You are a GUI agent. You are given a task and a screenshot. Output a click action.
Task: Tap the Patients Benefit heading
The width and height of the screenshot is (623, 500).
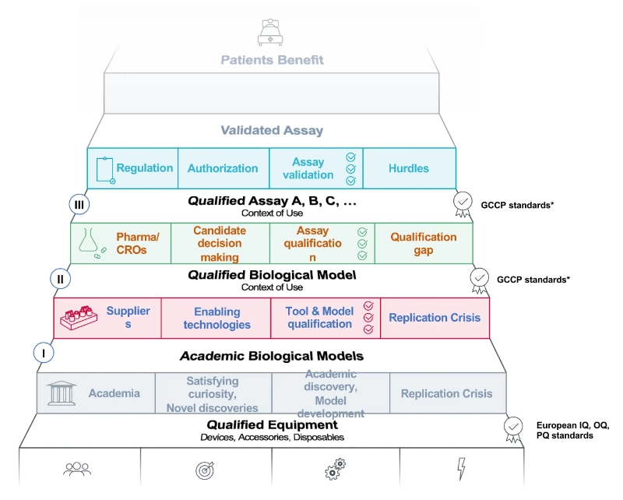pos(272,60)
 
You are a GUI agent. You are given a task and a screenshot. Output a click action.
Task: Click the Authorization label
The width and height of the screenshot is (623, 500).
pos(223,168)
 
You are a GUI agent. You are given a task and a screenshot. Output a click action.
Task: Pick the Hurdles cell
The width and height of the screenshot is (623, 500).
pos(409,168)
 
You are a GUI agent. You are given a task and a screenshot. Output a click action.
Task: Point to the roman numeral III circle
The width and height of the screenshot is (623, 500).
pos(79,204)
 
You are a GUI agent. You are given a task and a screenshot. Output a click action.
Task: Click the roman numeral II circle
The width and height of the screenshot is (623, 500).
pos(60,278)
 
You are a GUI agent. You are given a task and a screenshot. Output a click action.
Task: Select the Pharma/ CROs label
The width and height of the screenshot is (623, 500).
pos(137,243)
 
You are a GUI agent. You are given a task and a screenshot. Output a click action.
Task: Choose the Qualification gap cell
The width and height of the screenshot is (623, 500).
pos(424,243)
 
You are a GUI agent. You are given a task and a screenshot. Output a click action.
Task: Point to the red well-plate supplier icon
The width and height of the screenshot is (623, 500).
pos(81,317)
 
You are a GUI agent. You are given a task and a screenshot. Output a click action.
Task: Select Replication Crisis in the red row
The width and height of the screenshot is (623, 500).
pos(435,318)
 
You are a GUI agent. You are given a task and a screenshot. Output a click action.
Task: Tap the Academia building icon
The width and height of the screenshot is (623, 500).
pos(62,393)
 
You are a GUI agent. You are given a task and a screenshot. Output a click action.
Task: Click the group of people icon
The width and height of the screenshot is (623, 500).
pos(78,470)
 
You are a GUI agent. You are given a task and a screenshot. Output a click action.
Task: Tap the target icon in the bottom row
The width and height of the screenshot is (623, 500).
pos(206,470)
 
